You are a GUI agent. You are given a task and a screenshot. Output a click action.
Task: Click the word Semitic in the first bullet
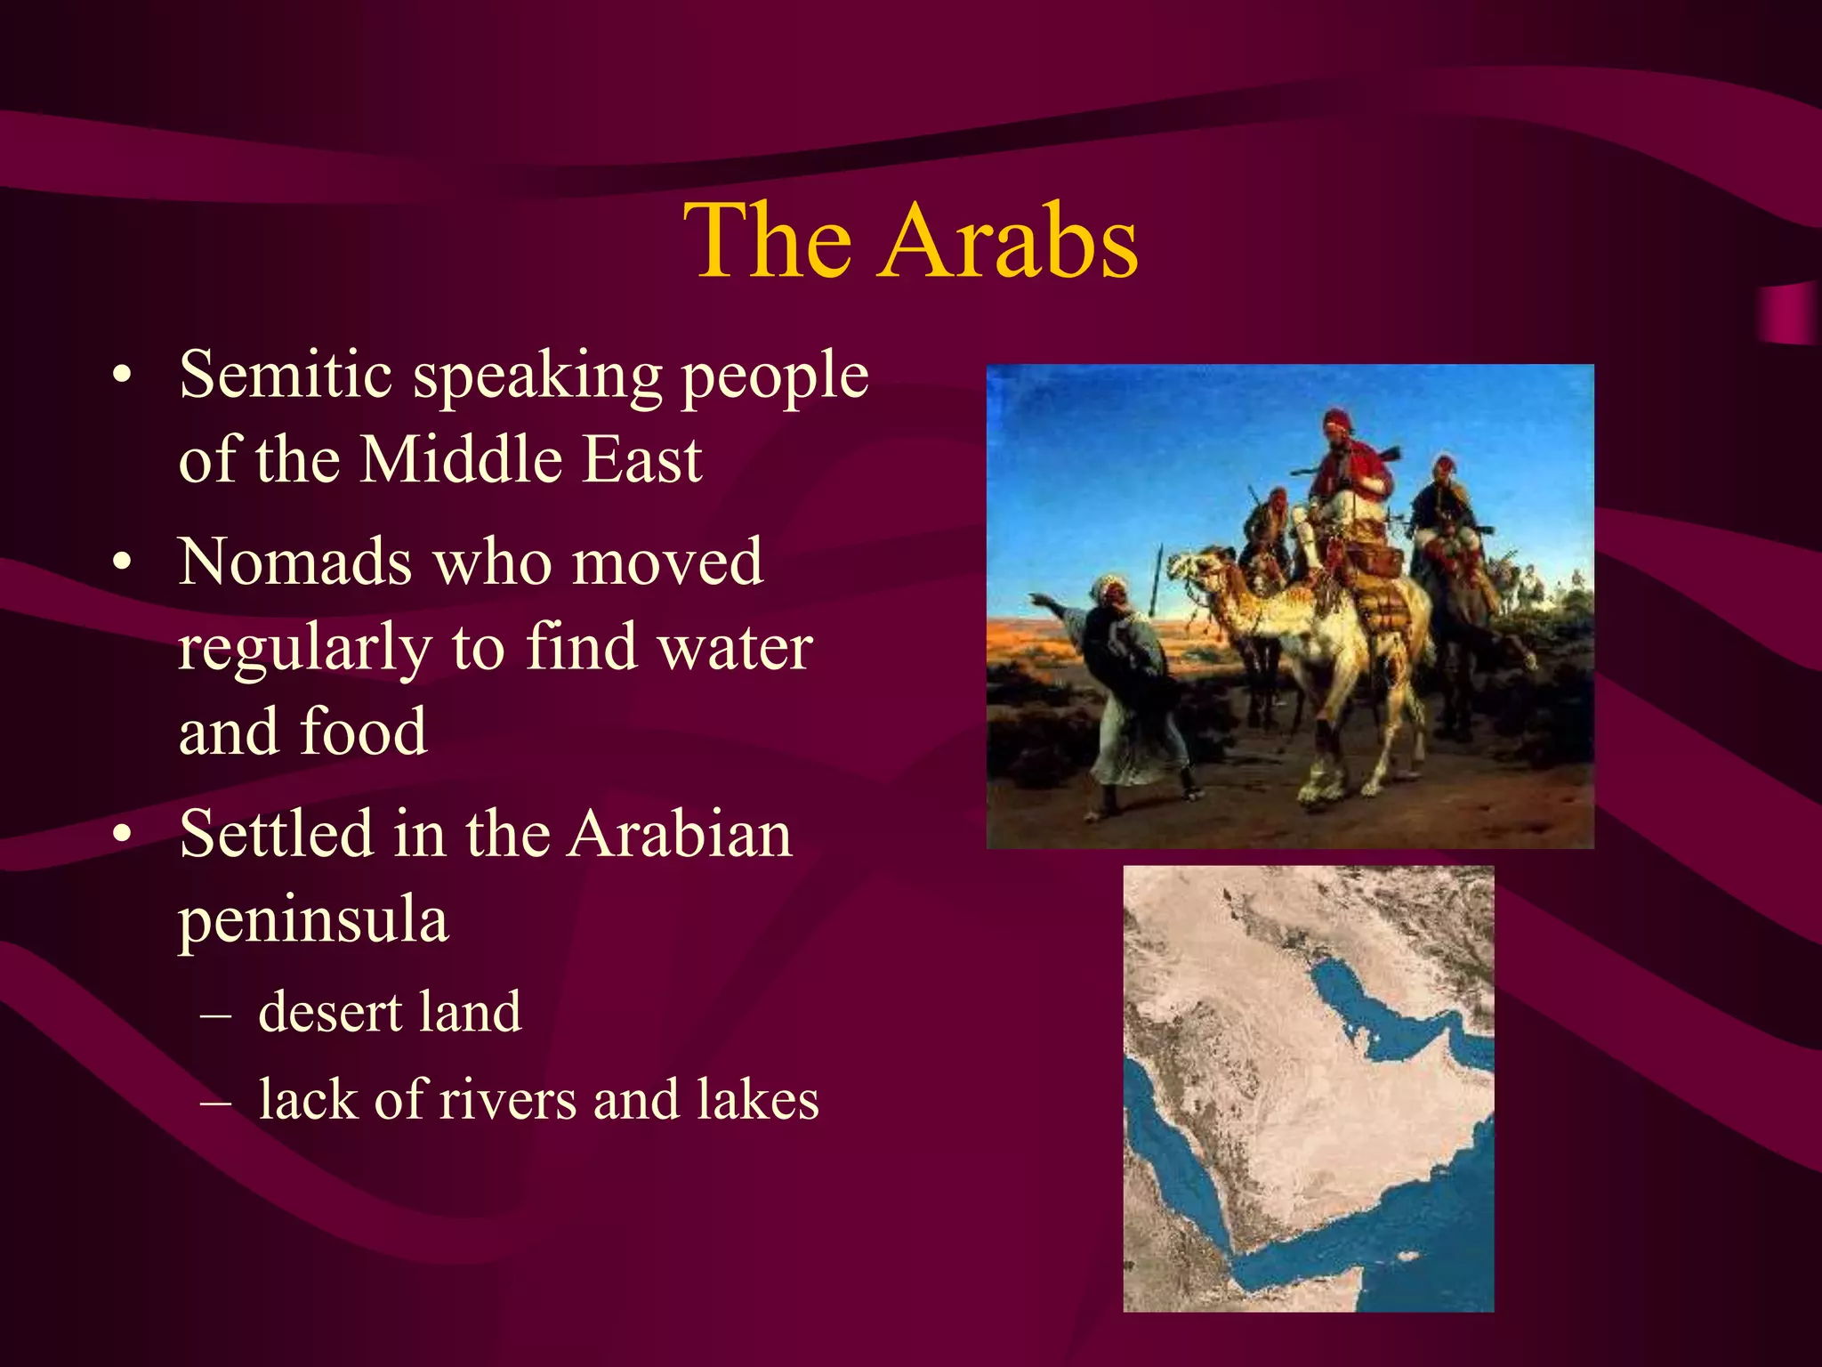(x=286, y=374)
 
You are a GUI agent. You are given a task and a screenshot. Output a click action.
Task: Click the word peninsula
(x=313, y=920)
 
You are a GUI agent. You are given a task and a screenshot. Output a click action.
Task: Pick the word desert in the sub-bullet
(x=330, y=1013)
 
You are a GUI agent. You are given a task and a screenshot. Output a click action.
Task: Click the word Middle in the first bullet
(x=461, y=460)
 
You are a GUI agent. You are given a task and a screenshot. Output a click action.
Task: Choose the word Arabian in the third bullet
(x=680, y=835)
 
